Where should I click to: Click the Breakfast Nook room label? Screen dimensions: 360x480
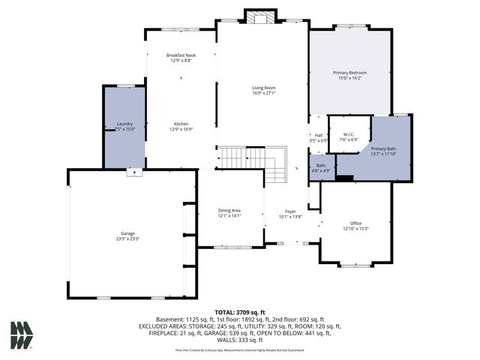click(181, 55)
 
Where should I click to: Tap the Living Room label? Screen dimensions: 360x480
click(263, 88)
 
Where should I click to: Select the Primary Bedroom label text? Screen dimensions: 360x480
click(349, 72)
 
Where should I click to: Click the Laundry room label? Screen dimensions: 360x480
click(124, 124)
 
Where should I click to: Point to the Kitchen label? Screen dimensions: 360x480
click(181, 124)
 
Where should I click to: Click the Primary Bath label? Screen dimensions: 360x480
click(384, 148)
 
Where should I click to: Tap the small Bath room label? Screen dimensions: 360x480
click(321, 165)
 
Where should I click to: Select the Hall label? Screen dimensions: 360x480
click(319, 135)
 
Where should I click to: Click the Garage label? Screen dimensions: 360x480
click(127, 233)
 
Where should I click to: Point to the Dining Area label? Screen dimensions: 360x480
click(229, 210)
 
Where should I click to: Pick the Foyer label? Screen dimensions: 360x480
click(290, 211)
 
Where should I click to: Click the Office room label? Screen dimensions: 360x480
click(355, 223)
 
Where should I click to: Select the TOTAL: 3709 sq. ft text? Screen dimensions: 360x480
click(240, 311)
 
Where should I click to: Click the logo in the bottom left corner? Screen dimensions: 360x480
click(22, 335)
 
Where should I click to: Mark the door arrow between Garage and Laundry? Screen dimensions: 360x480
click(134, 172)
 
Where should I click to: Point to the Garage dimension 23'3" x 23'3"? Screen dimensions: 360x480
click(127, 239)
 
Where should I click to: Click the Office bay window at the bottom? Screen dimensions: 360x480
click(355, 265)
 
